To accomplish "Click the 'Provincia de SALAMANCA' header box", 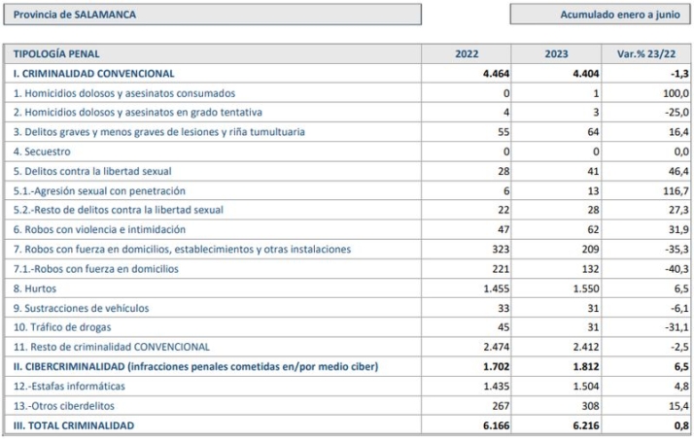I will coord(212,15).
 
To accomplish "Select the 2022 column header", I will coord(467,54).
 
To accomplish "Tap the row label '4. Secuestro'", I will coord(42,152).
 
